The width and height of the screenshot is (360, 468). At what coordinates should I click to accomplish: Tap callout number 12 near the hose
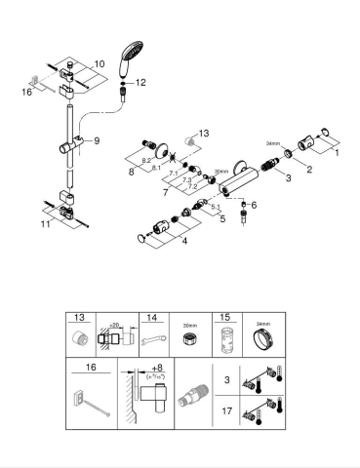pyautogui.click(x=140, y=83)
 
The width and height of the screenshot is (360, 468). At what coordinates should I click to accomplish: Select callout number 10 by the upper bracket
pyautogui.click(x=99, y=62)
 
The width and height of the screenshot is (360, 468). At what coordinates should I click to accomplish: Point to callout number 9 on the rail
pyautogui.click(x=96, y=140)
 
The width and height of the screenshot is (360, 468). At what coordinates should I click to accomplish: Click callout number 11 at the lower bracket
pyautogui.click(x=45, y=222)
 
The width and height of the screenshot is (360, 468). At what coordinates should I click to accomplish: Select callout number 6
pyautogui.click(x=253, y=205)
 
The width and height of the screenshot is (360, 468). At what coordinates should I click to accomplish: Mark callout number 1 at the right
pyautogui.click(x=337, y=152)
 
